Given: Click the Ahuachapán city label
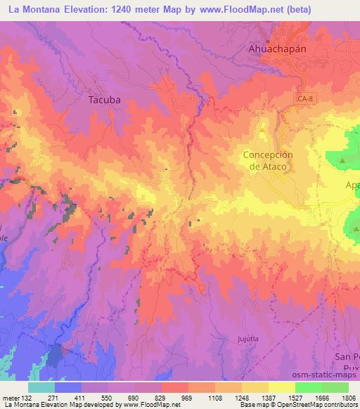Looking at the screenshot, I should pyautogui.click(x=282, y=49).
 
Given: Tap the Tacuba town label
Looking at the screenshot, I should pyautogui.click(x=104, y=100).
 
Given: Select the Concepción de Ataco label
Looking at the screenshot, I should pyautogui.click(x=267, y=160).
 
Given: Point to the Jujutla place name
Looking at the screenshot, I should pyautogui.click(x=240, y=339).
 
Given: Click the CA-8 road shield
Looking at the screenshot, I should pyautogui.click(x=304, y=100).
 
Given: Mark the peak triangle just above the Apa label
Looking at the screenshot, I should pyautogui.click(x=342, y=162).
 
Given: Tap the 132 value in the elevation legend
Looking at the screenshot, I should pyautogui.click(x=27, y=397).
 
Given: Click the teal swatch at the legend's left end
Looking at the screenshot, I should pyautogui.click(x=41, y=387).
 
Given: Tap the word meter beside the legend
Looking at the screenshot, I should pyautogui.click(x=10, y=397).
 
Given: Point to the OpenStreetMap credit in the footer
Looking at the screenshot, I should pyautogui.click(x=290, y=405).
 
